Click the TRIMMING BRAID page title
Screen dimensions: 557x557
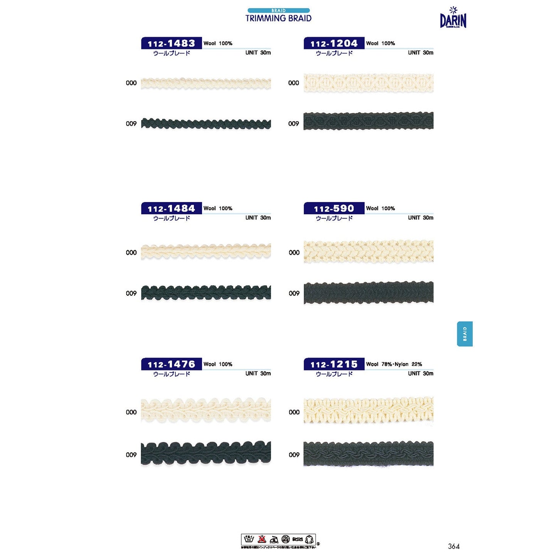(278, 18)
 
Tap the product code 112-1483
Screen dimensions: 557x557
(171, 43)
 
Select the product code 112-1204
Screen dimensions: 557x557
(334, 43)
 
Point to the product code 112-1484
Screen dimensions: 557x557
(171, 209)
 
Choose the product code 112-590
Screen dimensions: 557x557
(334, 209)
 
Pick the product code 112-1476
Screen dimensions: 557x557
(171, 364)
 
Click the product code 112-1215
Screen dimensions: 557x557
(334, 364)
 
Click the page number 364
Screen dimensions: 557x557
(454, 546)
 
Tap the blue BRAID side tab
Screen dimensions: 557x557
(464, 334)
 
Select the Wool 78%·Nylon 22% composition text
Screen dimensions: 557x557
(394, 364)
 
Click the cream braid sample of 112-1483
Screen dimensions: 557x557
(206, 83)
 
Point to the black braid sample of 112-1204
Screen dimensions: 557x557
(368, 121)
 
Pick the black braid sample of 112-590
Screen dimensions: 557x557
(368, 293)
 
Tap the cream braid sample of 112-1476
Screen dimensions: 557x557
(206, 410)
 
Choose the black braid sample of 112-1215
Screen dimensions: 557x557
(368, 454)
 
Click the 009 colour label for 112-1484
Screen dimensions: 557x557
(131, 293)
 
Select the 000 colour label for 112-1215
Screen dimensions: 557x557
(294, 412)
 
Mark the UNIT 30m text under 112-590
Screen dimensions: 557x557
(421, 218)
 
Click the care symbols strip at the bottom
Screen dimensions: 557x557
(278, 539)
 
